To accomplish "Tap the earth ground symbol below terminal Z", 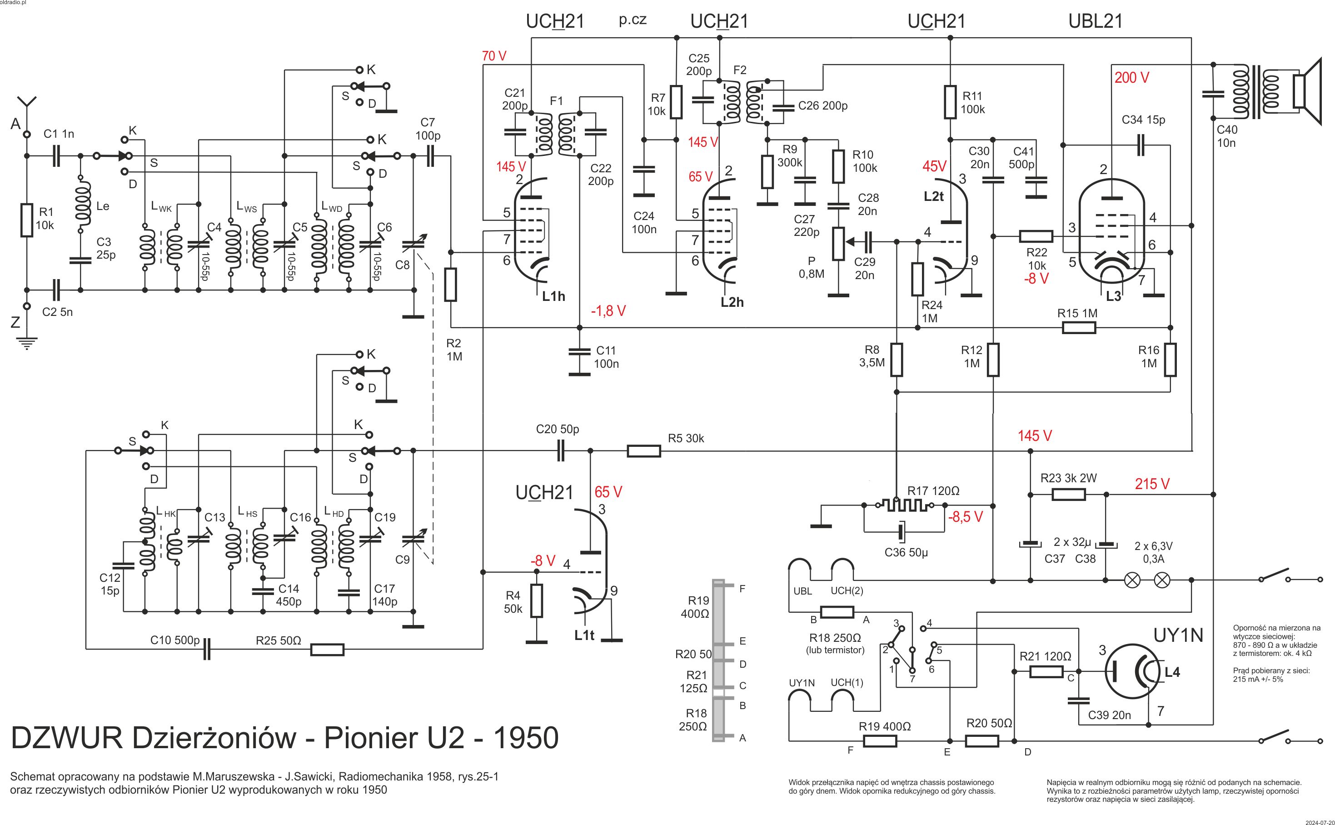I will coord(26,343).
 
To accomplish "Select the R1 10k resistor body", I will coord(26,220).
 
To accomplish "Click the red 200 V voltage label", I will coord(1131,78).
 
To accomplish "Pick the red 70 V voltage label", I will coord(494,56).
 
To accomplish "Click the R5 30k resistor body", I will coord(643,451).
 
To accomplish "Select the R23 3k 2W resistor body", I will coord(1068,495).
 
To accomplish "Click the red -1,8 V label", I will coord(608,311).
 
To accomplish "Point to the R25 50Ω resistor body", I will coord(327,649).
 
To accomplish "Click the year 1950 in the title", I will coord(526,738).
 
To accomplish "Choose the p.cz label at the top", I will coord(633,20).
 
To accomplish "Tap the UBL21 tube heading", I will coord(1095,21).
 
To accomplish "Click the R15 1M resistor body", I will coord(1079,327).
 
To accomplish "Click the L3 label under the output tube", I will coord(1113,296).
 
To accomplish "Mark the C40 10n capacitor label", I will coord(1226,136).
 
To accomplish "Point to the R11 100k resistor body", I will coord(951,102).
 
